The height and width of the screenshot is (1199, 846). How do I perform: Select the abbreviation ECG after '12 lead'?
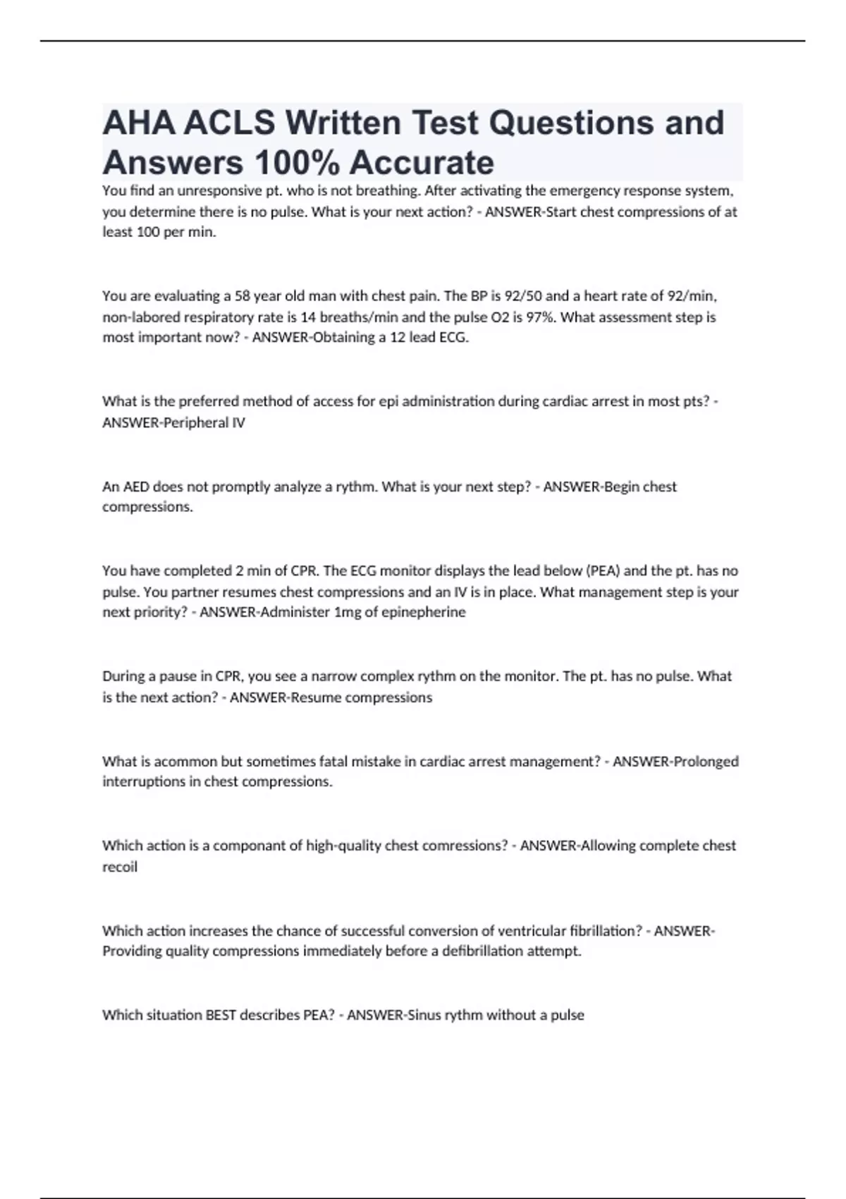[453, 337]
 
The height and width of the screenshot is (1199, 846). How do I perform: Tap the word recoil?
[120, 867]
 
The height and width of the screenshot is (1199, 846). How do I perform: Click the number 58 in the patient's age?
[243, 296]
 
